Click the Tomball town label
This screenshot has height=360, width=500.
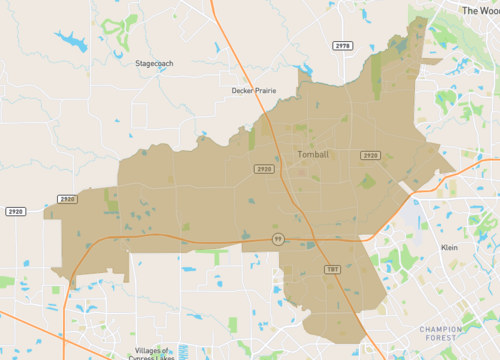[x=313, y=155]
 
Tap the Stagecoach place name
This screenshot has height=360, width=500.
[x=154, y=63]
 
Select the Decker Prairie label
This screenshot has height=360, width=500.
[x=253, y=90]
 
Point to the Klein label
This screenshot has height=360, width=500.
[x=449, y=246]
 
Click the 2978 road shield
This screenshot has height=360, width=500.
[x=343, y=46]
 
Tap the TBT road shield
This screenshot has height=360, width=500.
[x=332, y=269]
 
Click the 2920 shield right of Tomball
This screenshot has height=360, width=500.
[x=370, y=155]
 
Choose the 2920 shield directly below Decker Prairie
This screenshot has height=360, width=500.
[x=264, y=170]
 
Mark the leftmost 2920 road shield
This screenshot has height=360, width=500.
[x=15, y=212]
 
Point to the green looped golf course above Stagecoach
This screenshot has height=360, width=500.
[x=122, y=29]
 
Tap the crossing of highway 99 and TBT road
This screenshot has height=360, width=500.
[x=311, y=243]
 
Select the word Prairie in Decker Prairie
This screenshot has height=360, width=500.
[x=264, y=90]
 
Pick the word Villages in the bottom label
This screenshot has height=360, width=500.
[x=147, y=350]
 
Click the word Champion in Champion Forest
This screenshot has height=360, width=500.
[x=440, y=328]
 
